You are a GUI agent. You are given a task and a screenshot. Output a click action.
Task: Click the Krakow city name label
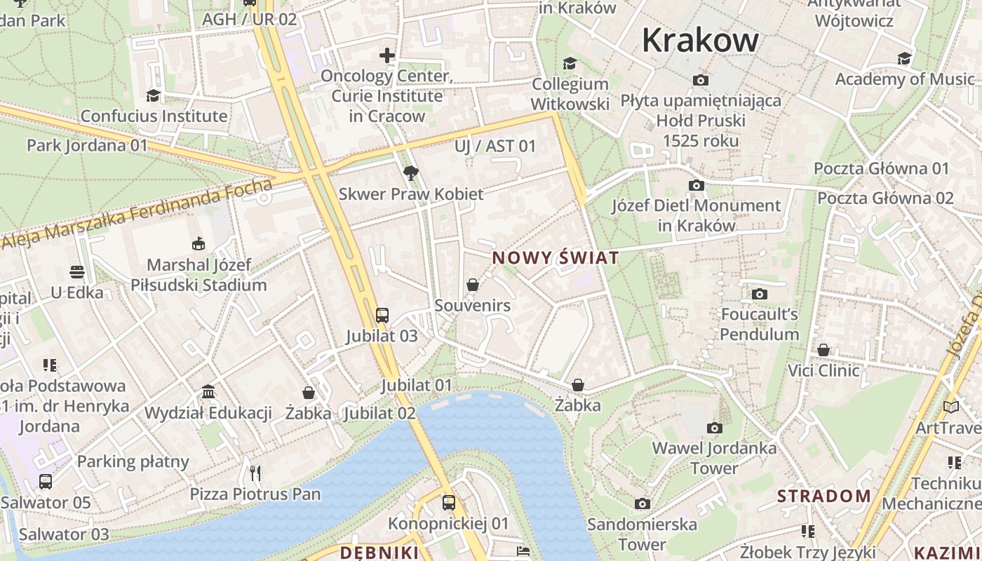[700, 40]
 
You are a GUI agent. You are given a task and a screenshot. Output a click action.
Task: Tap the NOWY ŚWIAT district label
[556, 258]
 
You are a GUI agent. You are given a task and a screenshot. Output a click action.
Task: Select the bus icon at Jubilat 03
[382, 316]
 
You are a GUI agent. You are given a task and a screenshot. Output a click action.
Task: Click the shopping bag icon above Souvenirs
[473, 285]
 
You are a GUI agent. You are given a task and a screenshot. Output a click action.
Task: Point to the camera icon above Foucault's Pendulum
[759, 294]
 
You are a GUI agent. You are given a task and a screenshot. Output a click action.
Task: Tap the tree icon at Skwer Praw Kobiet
[411, 173]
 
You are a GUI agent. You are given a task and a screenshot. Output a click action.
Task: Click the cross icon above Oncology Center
[386, 55]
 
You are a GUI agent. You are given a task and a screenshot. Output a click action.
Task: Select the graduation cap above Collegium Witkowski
[570, 64]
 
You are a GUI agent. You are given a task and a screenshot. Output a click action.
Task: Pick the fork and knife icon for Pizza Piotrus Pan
[255, 473]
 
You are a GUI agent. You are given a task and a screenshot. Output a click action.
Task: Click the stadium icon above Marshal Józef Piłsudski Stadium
[199, 244]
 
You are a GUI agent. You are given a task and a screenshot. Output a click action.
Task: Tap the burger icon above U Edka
[77, 271]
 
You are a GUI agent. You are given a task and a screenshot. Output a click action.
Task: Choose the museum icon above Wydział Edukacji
[208, 391]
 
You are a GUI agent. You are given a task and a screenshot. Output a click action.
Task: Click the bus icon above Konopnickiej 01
[449, 502]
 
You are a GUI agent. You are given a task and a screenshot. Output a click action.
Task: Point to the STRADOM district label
[823, 496]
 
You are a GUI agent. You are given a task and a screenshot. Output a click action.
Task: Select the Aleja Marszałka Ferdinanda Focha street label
[137, 214]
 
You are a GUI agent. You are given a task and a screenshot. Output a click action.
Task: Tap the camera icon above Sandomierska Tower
[642, 503]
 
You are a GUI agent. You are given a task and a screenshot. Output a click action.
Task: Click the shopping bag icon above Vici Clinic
[823, 349]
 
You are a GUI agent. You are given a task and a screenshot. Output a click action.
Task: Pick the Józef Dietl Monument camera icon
[696, 185]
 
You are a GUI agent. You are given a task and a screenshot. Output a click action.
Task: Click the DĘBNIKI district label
[379, 553]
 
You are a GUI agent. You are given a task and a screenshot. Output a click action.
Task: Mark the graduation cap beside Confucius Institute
[153, 95]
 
